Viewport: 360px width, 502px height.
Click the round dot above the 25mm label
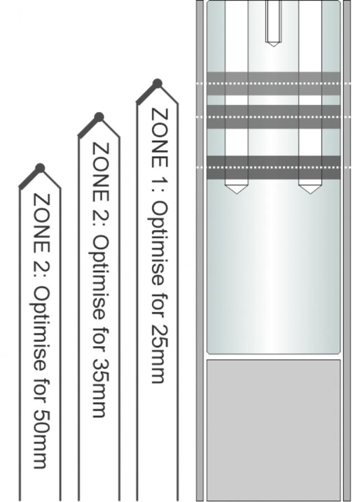click(x=157, y=84)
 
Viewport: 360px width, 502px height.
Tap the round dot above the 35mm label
click(x=99, y=117)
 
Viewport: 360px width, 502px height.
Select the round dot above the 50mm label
click(x=40, y=168)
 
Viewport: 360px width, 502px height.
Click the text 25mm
click(x=158, y=354)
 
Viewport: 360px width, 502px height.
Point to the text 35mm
click(x=100, y=388)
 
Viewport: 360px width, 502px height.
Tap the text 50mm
click(x=41, y=439)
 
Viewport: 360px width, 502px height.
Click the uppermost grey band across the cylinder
click(x=273, y=84)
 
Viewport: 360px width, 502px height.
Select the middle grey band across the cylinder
click(x=273, y=117)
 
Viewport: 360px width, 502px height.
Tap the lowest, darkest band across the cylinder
click(x=273, y=167)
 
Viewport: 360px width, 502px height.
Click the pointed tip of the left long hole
click(x=236, y=194)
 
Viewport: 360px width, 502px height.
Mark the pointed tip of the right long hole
click(x=310, y=194)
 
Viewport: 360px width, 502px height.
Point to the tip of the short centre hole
click(x=273, y=46)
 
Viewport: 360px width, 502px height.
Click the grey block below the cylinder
click(x=273, y=430)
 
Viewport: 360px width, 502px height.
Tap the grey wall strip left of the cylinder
click(x=200, y=251)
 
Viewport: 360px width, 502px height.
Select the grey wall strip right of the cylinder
click(x=347, y=251)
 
